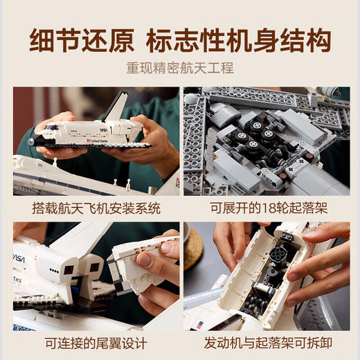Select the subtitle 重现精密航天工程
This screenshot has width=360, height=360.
coord(179,68)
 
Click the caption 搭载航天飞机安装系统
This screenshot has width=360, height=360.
coord(96,207)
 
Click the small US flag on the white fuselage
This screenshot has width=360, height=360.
coord(199,325)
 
